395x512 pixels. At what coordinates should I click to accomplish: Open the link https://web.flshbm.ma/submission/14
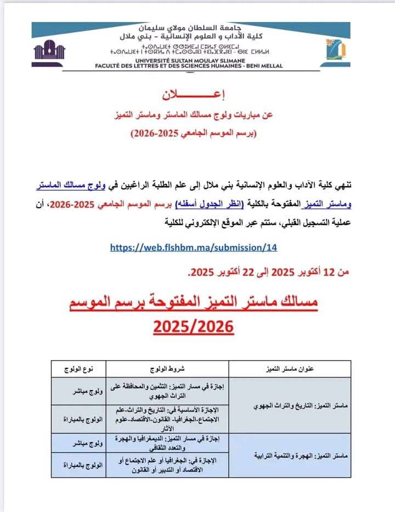pos(193,247)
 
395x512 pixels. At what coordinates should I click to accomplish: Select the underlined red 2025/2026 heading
pos(193,328)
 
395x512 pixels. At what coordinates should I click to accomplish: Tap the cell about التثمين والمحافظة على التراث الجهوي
pos(168,391)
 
